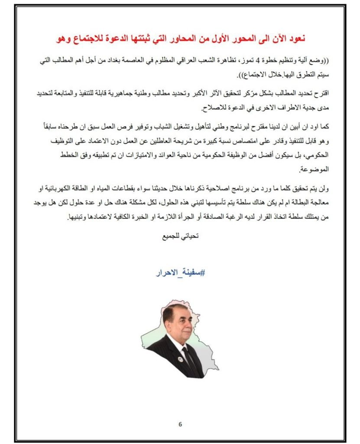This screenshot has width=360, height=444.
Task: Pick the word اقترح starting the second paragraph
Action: [315, 92]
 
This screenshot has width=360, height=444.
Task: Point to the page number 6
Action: [180, 424]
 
